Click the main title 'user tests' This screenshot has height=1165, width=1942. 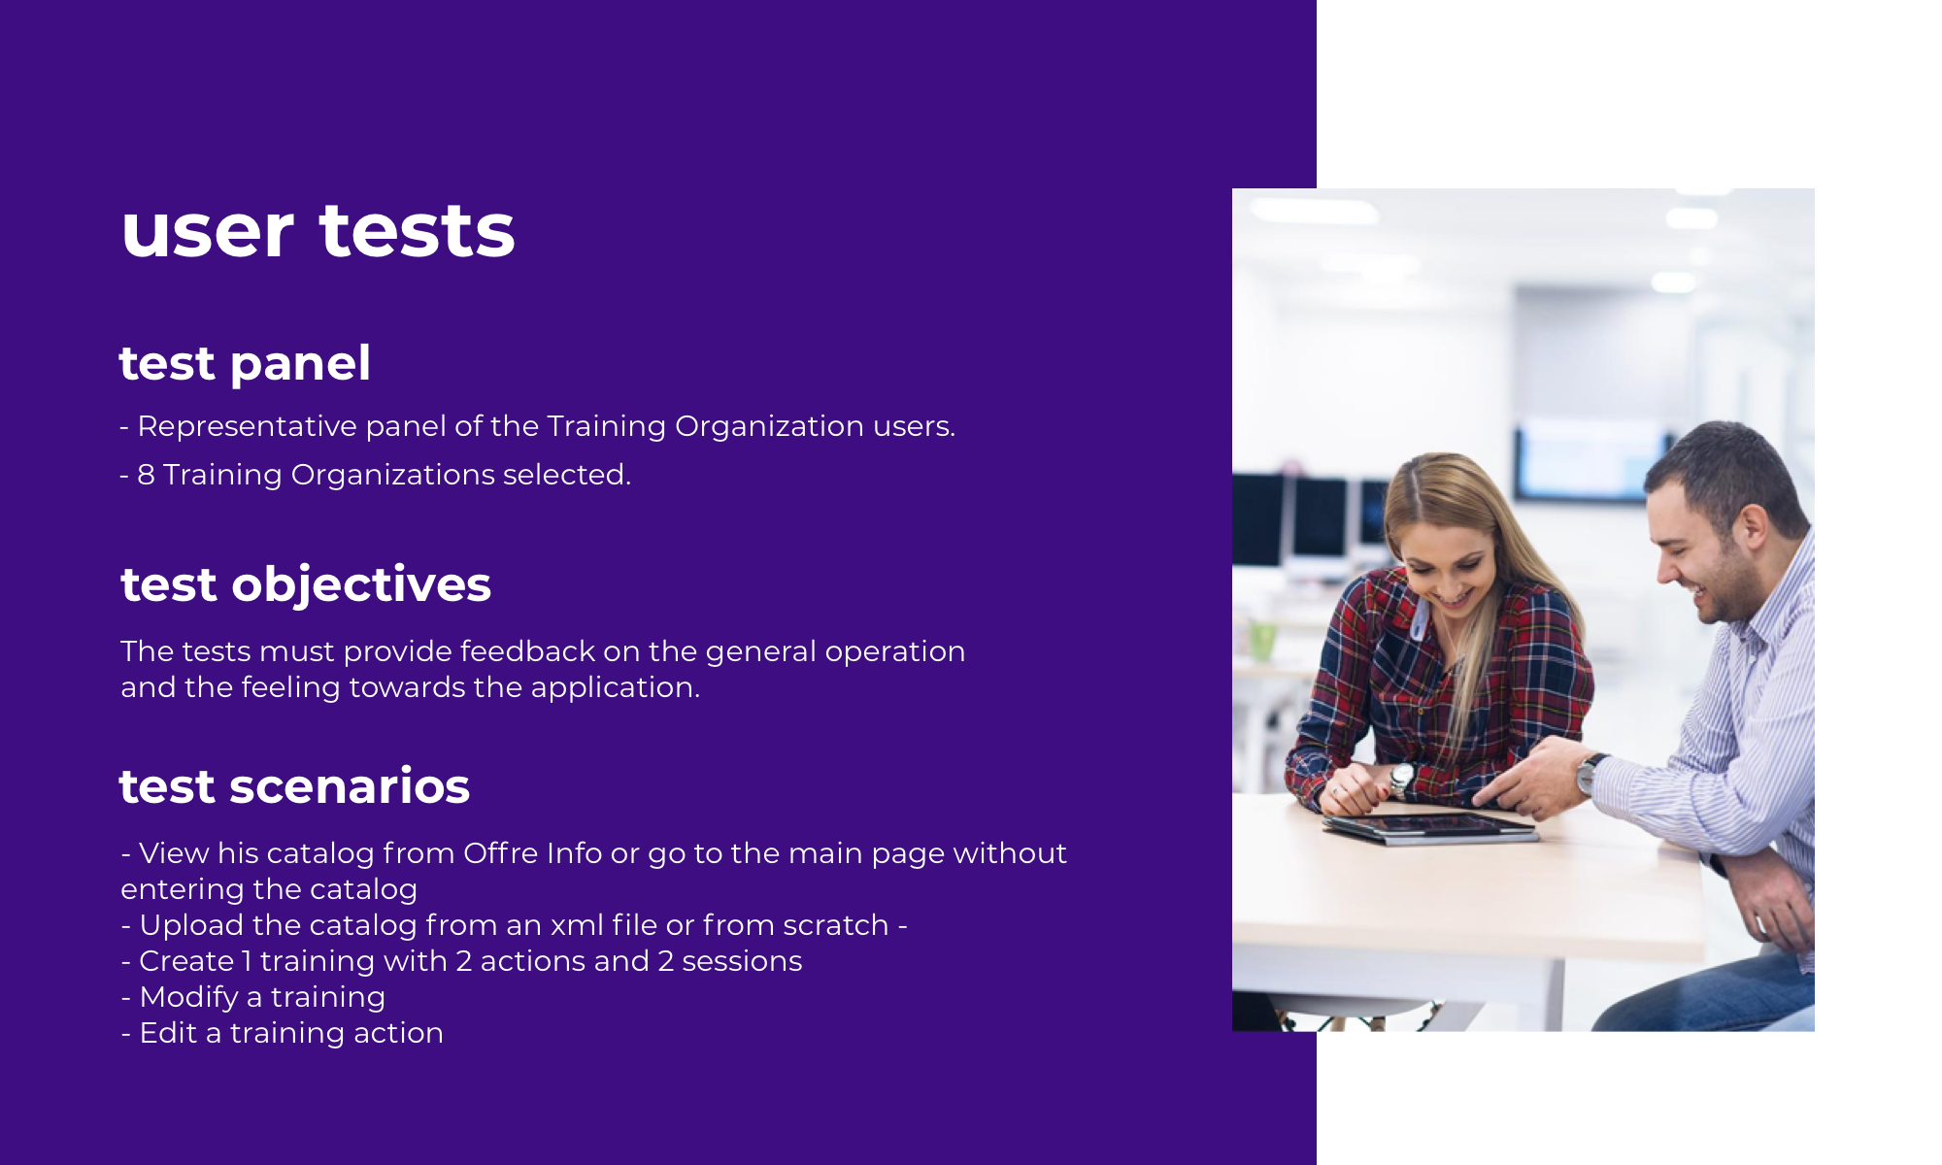(x=318, y=231)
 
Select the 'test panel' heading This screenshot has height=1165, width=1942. (x=245, y=364)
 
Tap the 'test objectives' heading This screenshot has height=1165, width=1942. (x=306, y=585)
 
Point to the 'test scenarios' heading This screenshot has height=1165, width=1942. (x=294, y=786)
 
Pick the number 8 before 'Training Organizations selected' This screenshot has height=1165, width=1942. (x=146, y=475)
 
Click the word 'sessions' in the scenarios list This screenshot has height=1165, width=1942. (x=742, y=961)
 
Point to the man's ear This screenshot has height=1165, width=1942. (x=1753, y=528)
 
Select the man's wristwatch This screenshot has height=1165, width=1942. (x=1590, y=773)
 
